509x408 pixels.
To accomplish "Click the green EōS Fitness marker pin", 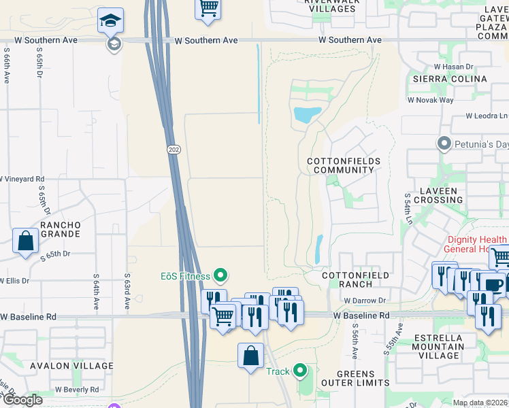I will [x=220, y=275].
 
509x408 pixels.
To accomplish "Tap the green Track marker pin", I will [x=300, y=371].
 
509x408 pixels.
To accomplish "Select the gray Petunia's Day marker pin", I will [x=444, y=143].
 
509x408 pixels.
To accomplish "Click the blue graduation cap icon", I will [x=110, y=21].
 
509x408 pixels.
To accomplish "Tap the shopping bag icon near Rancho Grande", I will [x=25, y=241].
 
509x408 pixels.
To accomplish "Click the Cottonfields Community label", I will [x=344, y=165].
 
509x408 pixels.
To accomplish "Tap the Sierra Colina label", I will [x=450, y=79].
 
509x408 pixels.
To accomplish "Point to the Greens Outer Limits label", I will [x=355, y=379].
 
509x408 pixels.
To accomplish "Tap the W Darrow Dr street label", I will [x=365, y=300].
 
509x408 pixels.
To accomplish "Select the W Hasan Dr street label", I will [x=453, y=67].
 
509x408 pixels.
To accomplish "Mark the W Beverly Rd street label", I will [x=77, y=390].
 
